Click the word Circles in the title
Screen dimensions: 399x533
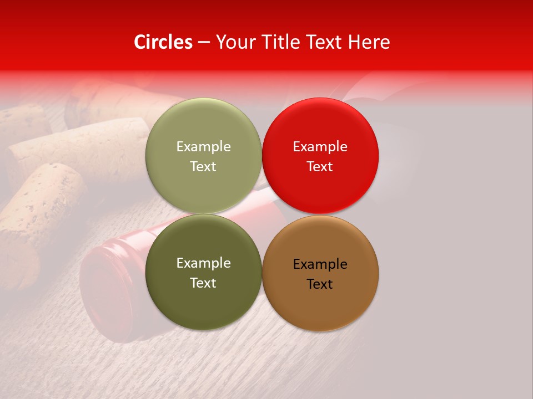click(163, 42)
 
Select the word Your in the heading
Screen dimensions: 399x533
click(233, 42)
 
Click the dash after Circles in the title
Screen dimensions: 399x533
click(203, 43)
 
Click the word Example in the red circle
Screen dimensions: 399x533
click(320, 147)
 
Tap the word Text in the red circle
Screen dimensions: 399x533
click(320, 167)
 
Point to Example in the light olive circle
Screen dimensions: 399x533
click(203, 147)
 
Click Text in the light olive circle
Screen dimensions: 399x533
click(203, 167)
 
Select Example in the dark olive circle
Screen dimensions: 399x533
click(203, 263)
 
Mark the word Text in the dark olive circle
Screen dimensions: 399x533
click(203, 283)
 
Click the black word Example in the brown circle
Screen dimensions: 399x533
click(320, 264)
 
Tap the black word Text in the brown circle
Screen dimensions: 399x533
click(320, 284)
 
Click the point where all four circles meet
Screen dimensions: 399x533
click(262, 214)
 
